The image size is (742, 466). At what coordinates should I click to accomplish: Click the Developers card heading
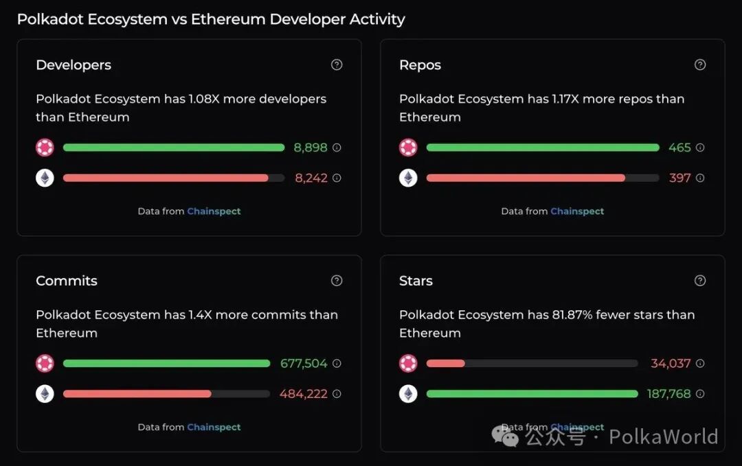coord(74,65)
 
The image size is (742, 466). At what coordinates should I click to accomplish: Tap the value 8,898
coord(311,148)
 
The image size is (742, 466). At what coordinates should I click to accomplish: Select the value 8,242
coord(311,178)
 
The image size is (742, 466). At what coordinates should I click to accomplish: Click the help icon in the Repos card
coord(700,65)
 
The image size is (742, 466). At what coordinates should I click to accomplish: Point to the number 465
coord(679,148)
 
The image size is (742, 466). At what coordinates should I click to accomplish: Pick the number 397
coord(679,178)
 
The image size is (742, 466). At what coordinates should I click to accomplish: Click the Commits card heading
coord(67,281)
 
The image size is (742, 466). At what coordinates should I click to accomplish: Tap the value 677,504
coord(304,364)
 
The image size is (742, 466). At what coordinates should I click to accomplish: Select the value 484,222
coord(303,394)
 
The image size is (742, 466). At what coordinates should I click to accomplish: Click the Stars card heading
coord(416,281)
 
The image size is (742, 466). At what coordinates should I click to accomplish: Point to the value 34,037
coord(671,364)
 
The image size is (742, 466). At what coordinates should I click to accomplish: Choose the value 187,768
coord(668,394)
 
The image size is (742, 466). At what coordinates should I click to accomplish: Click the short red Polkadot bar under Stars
coord(445,364)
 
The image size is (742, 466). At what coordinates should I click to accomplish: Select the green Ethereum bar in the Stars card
coord(532,394)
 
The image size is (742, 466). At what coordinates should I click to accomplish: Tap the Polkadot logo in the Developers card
coord(45,148)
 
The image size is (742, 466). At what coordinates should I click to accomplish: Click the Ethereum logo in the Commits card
coord(45,394)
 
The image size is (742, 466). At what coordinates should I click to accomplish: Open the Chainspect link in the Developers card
coord(214,211)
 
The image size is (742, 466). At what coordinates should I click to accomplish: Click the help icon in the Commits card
coord(337,280)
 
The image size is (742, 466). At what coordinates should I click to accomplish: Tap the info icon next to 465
coord(700,148)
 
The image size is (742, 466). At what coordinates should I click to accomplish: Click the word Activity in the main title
coord(377,19)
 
